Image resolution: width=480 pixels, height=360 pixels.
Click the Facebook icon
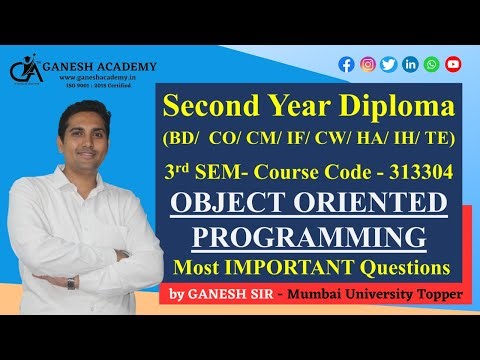347,64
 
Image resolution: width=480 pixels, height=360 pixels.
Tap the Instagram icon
368,64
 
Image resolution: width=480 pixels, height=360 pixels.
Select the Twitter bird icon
389,64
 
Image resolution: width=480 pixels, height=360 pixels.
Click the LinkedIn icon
410,64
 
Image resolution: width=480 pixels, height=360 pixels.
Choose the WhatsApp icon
431,64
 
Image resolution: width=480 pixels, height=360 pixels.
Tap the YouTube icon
453,64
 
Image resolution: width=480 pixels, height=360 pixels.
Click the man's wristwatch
71,282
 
